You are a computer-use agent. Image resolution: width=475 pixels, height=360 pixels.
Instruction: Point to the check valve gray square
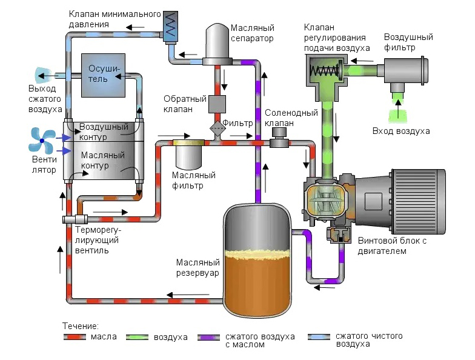click(x=217, y=104)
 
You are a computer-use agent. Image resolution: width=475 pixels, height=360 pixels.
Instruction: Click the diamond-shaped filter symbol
click(x=216, y=127)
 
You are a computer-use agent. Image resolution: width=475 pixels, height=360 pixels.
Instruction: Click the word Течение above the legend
click(x=81, y=325)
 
